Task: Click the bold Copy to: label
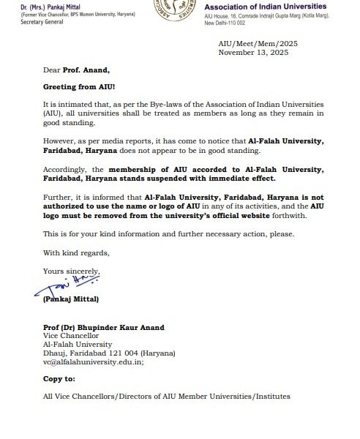[x=60, y=379]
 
